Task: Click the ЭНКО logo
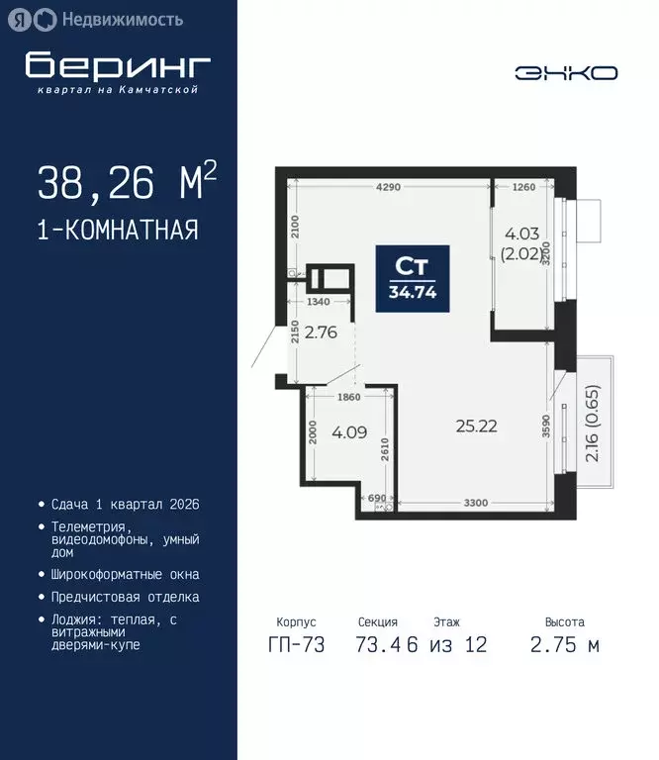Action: (x=566, y=72)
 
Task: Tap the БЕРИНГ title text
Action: (x=118, y=65)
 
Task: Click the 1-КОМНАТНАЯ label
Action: (x=118, y=231)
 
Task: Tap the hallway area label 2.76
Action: (x=321, y=332)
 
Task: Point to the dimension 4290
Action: (x=388, y=186)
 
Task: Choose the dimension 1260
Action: (x=523, y=186)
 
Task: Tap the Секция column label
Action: (x=378, y=622)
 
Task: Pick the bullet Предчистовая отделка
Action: (x=126, y=597)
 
